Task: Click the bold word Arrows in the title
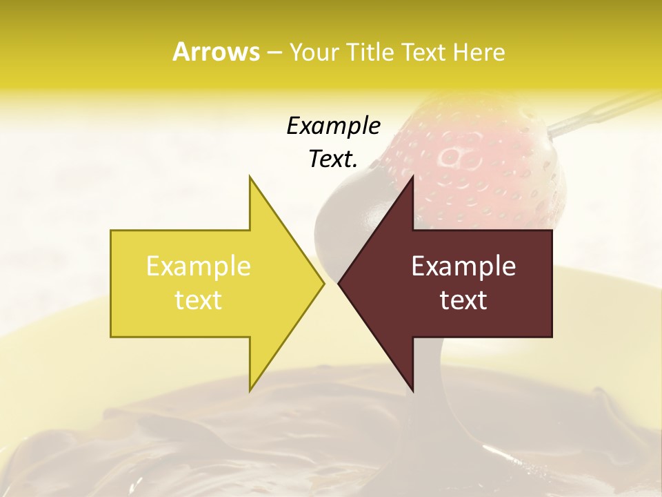point(216,52)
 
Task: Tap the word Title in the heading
point(372,52)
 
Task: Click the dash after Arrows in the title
point(274,52)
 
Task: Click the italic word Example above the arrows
point(333,126)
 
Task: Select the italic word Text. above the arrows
point(333,159)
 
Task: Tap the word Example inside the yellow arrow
point(199,266)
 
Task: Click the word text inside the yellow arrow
point(199,300)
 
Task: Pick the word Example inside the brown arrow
point(463,266)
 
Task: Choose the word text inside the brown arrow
point(463,300)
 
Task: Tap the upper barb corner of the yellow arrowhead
point(250,177)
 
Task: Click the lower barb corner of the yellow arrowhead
point(250,390)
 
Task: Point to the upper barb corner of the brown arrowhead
point(412,177)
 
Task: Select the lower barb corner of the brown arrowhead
point(412,390)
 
